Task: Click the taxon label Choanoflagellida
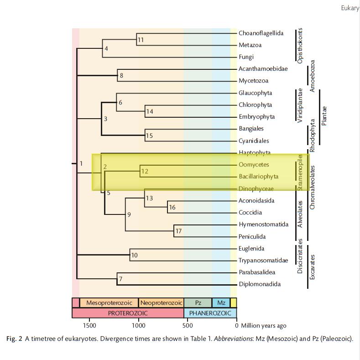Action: point(261,33)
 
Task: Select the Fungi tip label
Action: point(246,57)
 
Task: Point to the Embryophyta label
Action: point(256,117)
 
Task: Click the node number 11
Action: point(141,40)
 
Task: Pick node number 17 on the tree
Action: point(178,231)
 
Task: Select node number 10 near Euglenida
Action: point(134,255)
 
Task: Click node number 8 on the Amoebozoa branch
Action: point(121,76)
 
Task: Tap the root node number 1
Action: point(81,163)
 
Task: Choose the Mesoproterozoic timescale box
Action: point(109,303)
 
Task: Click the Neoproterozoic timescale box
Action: point(161,303)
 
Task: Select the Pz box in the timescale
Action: point(198,303)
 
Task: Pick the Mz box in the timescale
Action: point(221,303)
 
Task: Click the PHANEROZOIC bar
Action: point(210,313)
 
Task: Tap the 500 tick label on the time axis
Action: point(188,325)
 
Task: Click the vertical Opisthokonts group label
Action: point(300,45)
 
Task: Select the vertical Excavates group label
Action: point(312,267)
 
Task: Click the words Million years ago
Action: point(264,325)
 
